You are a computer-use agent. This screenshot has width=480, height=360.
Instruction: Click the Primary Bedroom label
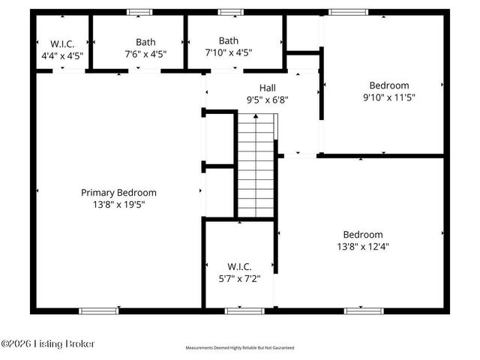pyautogui.click(x=118, y=193)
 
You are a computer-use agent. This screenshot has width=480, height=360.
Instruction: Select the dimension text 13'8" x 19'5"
pyautogui.click(x=118, y=204)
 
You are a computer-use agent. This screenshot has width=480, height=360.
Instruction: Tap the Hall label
pyautogui.click(x=268, y=88)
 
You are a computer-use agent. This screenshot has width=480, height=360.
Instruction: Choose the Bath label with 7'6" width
pyautogui.click(x=145, y=42)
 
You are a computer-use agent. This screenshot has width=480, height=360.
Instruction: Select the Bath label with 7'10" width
pyautogui.click(x=229, y=40)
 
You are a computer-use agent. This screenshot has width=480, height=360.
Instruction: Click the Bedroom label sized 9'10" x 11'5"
pyautogui.click(x=389, y=85)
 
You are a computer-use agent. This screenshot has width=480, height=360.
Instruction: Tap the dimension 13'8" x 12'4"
pyautogui.click(x=363, y=245)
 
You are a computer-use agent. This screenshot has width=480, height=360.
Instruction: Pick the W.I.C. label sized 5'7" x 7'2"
pyautogui.click(x=239, y=267)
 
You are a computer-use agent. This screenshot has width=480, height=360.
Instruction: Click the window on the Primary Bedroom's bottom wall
pyautogui.click(x=99, y=310)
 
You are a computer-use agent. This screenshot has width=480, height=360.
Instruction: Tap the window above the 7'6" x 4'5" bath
pyautogui.click(x=139, y=12)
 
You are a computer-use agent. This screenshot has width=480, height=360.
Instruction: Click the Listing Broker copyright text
pyautogui.click(x=49, y=343)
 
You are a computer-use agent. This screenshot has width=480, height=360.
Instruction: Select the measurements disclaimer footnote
pyautogui.click(x=240, y=348)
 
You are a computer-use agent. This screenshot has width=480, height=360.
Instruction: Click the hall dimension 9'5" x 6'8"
pyautogui.click(x=268, y=99)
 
